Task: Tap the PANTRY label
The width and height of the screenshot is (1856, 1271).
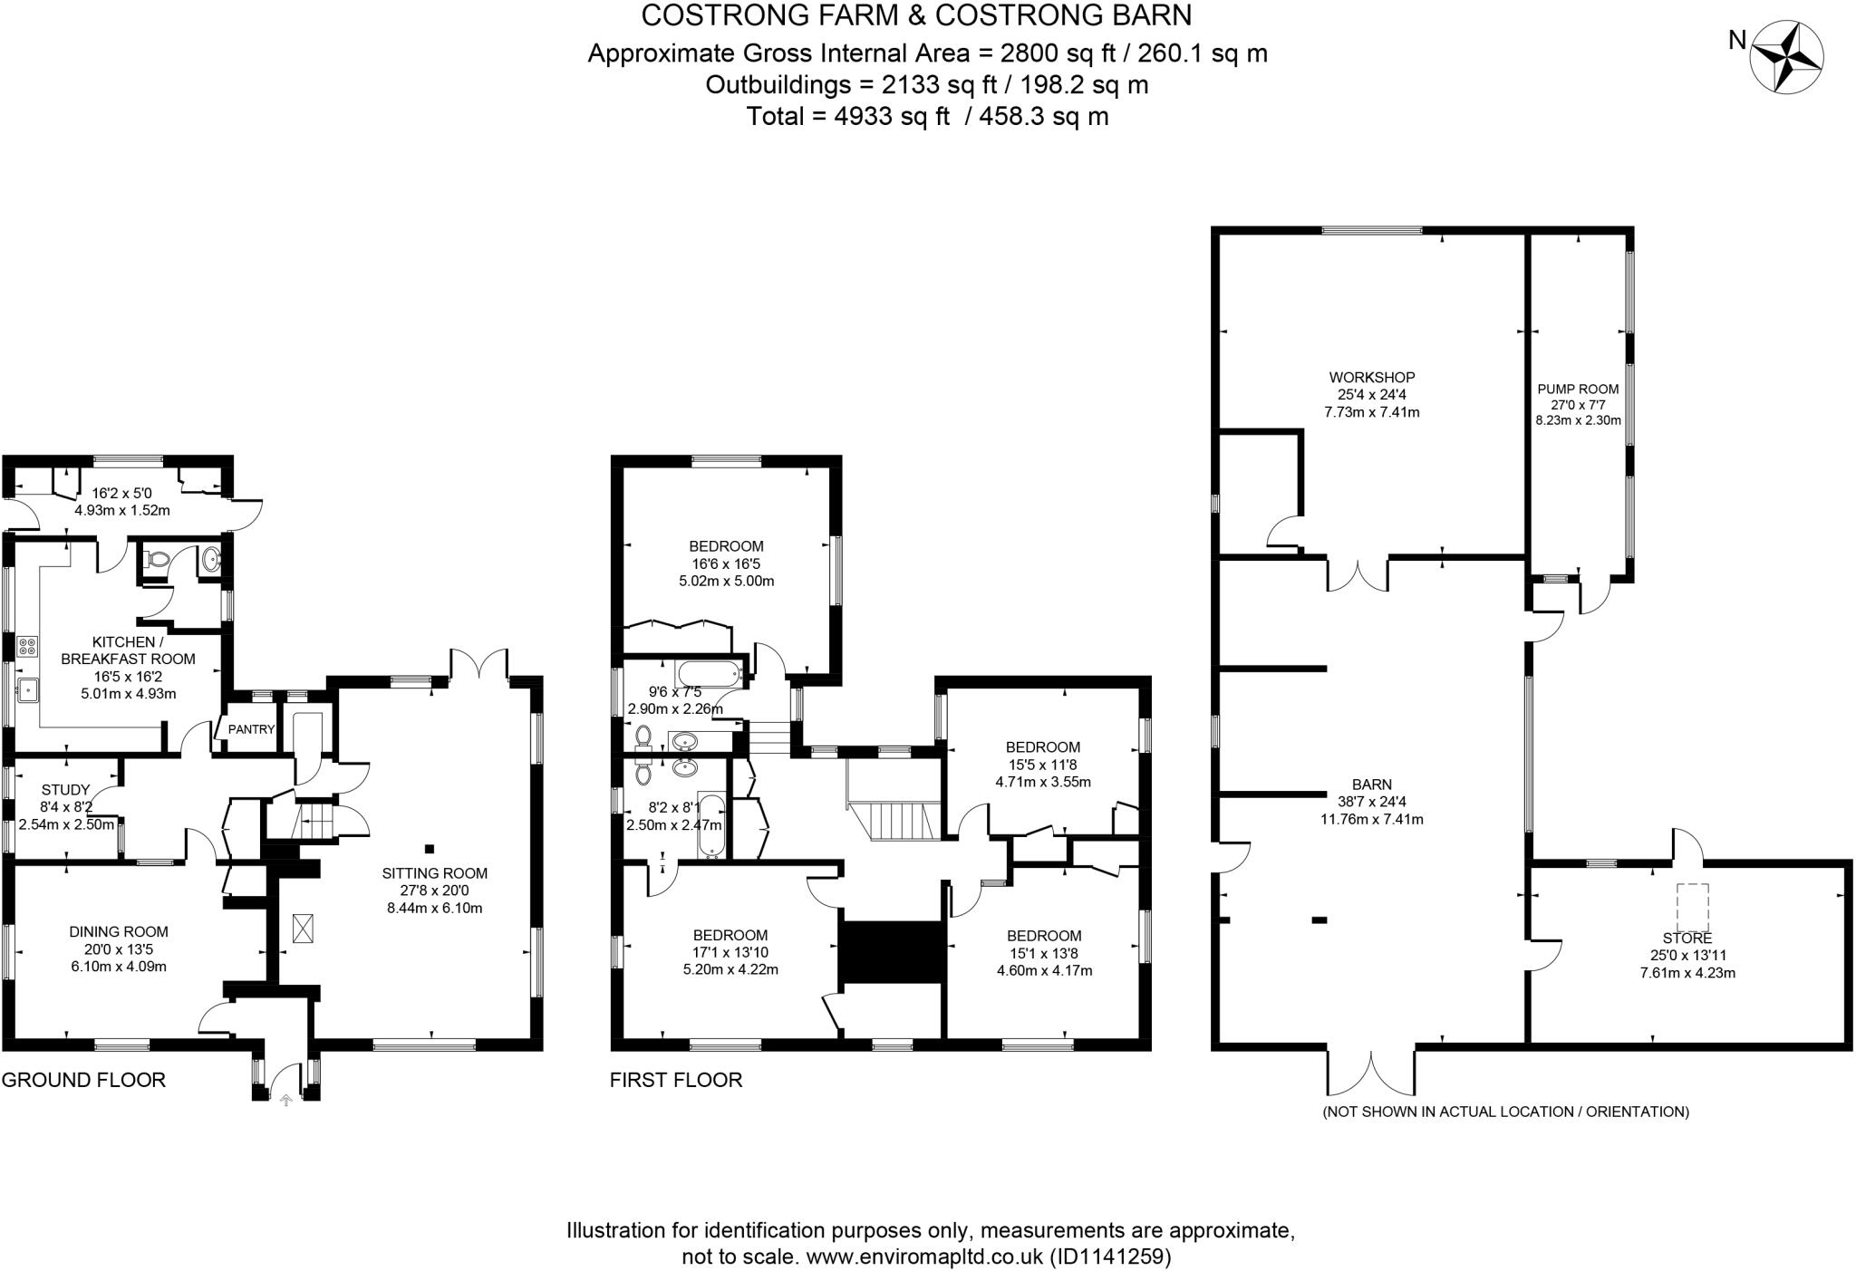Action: (x=251, y=729)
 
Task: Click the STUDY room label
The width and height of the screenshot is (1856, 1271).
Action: (x=65, y=789)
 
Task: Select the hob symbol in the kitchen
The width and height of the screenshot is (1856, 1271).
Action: (x=26, y=647)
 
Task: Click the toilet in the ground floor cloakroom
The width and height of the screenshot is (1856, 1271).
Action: (x=157, y=560)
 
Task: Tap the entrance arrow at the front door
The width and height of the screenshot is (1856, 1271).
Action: (x=286, y=1101)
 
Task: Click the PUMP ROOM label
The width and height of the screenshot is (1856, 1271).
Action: (x=1578, y=389)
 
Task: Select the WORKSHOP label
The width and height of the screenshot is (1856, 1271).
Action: (x=1371, y=377)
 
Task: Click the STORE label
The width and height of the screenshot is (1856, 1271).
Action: (x=1687, y=939)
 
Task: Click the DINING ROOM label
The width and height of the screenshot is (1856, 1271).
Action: (x=119, y=931)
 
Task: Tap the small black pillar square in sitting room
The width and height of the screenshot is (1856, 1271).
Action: (x=430, y=849)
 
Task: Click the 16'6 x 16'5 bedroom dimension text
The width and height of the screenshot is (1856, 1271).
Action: (x=726, y=563)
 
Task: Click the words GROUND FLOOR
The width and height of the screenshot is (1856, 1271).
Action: (x=83, y=1080)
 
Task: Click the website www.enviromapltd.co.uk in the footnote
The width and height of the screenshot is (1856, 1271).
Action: (x=924, y=1257)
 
